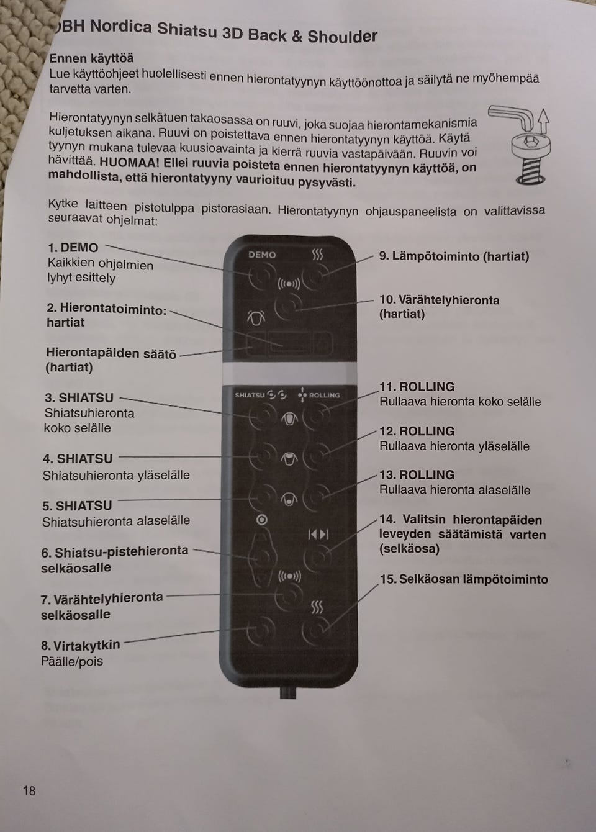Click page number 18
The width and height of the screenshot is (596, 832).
[x=29, y=790]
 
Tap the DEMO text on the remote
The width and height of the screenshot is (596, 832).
[x=262, y=255]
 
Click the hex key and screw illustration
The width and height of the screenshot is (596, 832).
[x=526, y=145]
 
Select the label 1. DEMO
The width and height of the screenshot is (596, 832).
[x=73, y=248]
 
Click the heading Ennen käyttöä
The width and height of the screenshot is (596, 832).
[x=91, y=58]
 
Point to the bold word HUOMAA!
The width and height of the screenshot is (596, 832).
[x=130, y=163]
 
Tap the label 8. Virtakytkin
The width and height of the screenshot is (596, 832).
[x=81, y=646]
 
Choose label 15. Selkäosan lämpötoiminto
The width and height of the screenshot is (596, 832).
[x=464, y=579]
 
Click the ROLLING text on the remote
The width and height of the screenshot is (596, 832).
[x=324, y=395]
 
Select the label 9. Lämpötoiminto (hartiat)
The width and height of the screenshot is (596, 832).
[x=454, y=256]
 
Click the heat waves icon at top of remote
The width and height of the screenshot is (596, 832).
[x=317, y=255]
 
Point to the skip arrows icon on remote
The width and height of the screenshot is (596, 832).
[x=318, y=534]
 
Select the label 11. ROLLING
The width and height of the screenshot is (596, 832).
[x=417, y=387]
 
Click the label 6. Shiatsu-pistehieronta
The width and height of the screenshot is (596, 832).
[x=115, y=552]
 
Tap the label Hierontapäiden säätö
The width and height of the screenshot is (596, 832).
[x=111, y=353]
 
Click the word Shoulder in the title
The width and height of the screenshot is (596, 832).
[x=342, y=37]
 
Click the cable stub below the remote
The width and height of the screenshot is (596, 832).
[x=287, y=692]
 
